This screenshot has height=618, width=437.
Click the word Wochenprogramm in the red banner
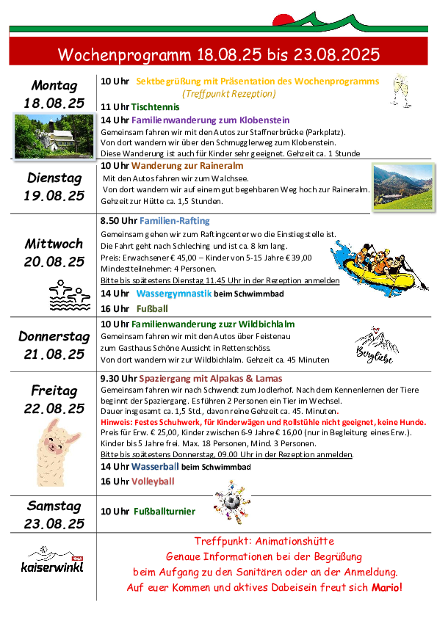(124, 55)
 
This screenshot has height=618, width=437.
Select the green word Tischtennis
(155, 107)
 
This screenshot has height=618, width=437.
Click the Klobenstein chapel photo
(54, 137)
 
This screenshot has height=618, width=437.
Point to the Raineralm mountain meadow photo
(403, 187)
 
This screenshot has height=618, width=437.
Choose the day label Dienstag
(54, 178)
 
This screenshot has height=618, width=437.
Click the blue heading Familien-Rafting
(174, 221)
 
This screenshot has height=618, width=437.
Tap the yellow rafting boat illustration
(380, 268)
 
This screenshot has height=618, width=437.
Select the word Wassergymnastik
(174, 294)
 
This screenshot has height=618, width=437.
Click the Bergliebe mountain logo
(376, 345)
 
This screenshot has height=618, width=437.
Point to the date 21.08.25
(54, 355)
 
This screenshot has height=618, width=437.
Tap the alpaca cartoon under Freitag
(57, 453)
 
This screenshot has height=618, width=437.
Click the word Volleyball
(153, 481)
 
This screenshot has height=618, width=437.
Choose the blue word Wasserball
(155, 467)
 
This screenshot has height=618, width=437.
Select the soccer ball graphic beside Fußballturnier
(232, 502)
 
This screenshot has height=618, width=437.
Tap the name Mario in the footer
(386, 587)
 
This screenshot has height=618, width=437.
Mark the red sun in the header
(283, 20)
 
